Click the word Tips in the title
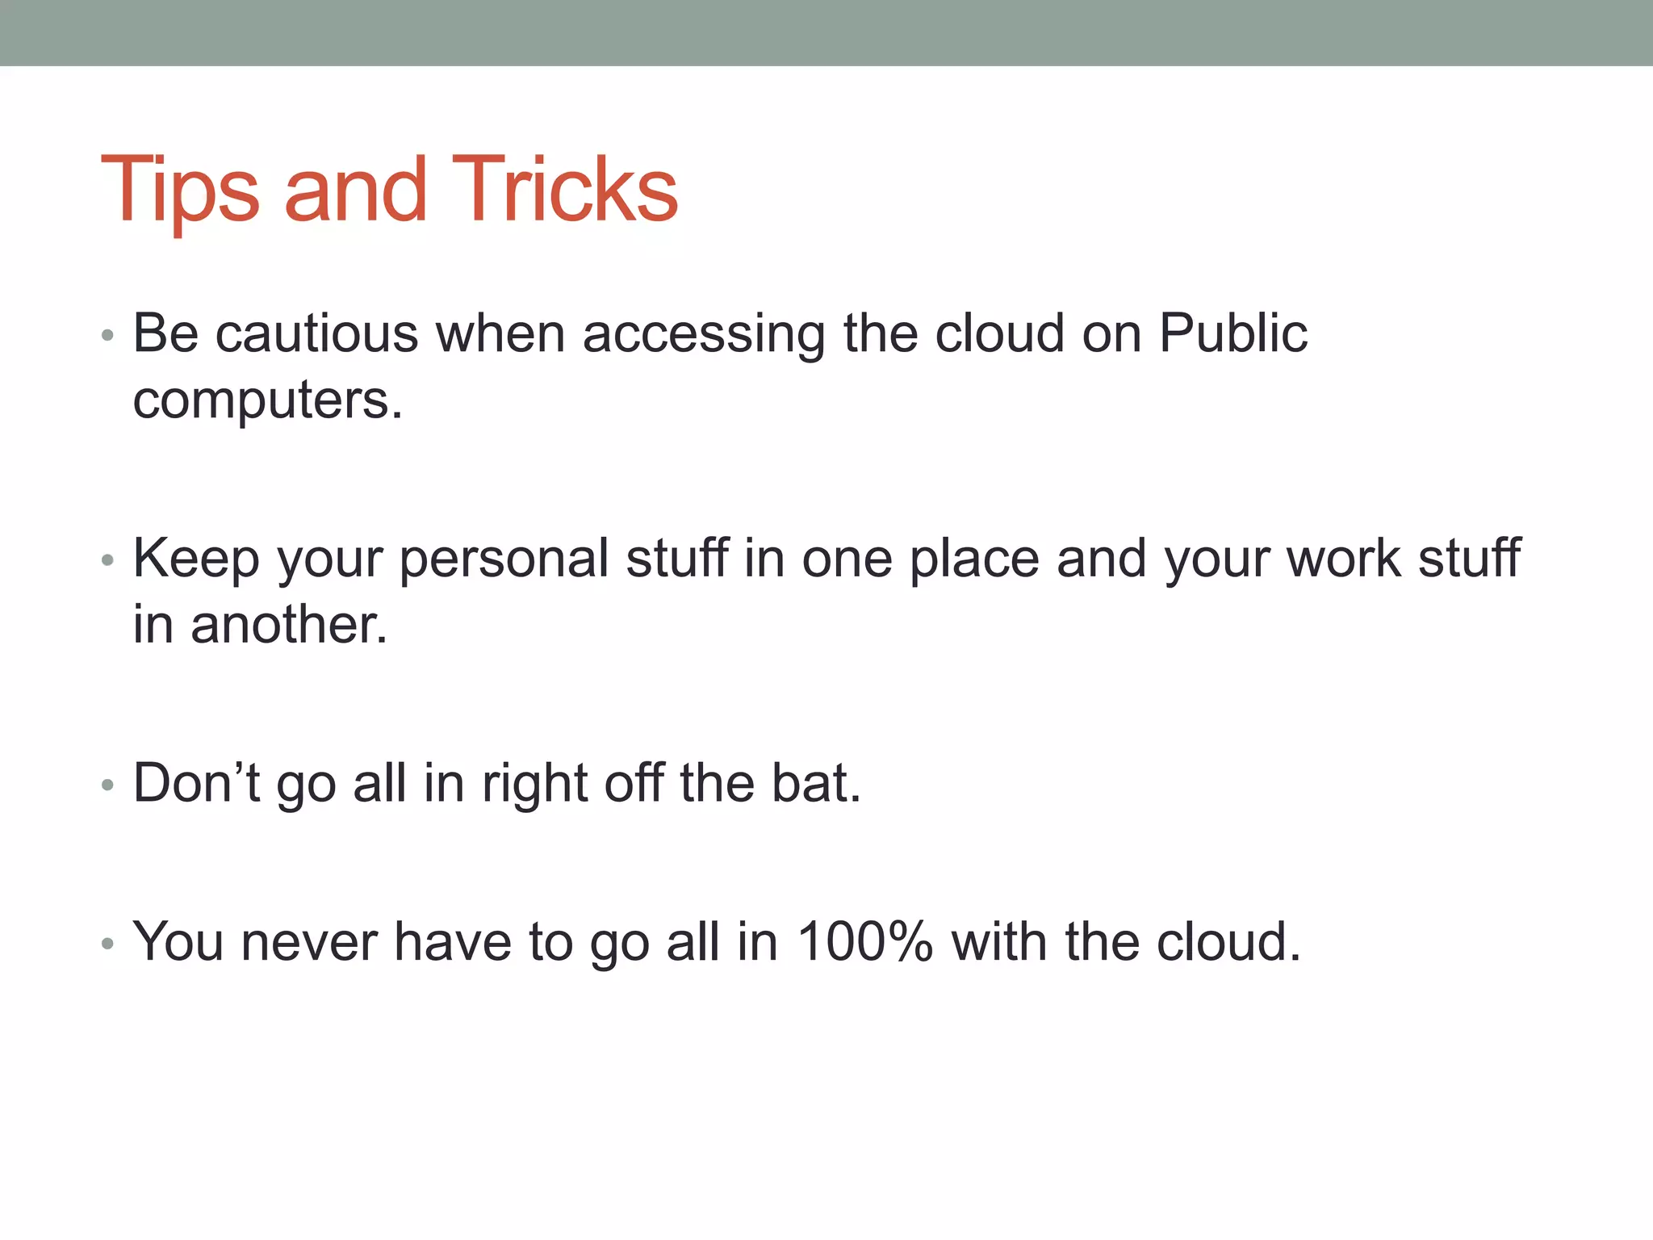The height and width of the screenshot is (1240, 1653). point(179,191)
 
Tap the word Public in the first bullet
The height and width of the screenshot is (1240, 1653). point(1232,333)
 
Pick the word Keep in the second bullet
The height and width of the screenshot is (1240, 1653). point(196,559)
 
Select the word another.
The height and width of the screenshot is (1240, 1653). point(289,624)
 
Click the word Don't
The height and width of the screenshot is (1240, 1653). point(196,782)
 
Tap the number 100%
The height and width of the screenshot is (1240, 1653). point(865,941)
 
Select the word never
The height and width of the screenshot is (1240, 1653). point(309,943)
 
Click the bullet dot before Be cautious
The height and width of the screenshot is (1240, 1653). point(108,336)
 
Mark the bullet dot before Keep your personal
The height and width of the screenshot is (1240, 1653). point(108,560)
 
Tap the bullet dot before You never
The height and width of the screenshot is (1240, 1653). point(108,943)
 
